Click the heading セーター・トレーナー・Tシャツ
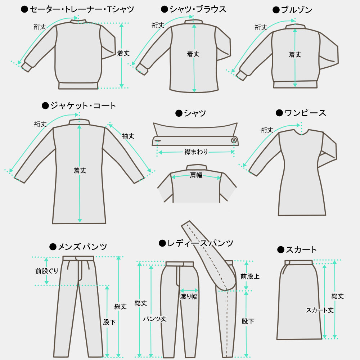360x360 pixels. tap(82, 9)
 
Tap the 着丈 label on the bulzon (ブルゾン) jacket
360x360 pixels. tap(295, 55)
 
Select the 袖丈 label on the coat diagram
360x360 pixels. tap(128, 136)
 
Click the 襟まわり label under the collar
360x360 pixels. tap(196, 152)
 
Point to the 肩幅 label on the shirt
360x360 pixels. tap(196, 176)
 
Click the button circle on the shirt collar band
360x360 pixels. tap(234, 140)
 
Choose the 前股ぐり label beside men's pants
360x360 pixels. tap(47, 271)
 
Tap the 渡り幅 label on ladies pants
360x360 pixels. tap(189, 296)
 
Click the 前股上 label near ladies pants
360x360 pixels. tap(250, 276)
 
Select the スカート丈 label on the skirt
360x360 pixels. tap(320, 310)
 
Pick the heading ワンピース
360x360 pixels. tap(305, 113)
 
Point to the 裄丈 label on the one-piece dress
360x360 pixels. tap(267, 130)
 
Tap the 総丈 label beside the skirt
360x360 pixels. tap(338, 296)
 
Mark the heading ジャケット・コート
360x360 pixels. tap(83, 105)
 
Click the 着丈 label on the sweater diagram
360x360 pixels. tap(123, 53)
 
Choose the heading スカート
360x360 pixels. tap(301, 249)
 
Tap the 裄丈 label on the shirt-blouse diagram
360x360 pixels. tap(158, 25)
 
